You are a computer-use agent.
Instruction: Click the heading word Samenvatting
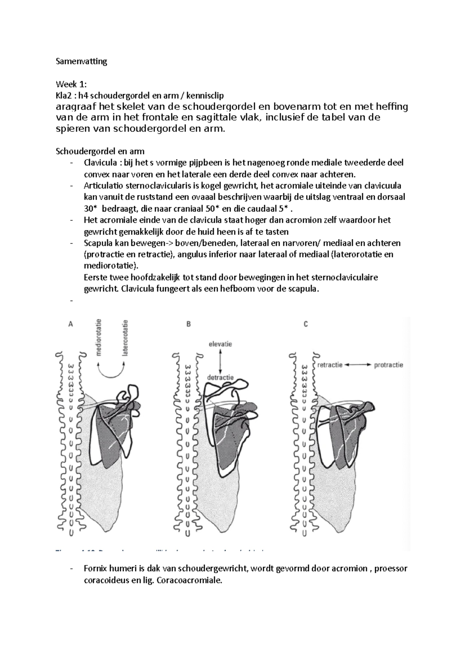point(81,61)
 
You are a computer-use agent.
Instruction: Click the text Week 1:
point(72,84)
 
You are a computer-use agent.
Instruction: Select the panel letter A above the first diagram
point(71,324)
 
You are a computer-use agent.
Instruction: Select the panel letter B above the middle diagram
point(188,324)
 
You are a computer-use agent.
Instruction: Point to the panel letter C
point(306,324)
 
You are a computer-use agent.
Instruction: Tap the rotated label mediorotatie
point(100,337)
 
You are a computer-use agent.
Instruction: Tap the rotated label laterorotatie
point(125,337)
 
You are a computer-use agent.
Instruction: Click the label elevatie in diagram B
point(220,344)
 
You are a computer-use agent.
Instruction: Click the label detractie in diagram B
point(220,377)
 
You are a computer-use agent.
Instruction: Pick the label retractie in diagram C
point(330,365)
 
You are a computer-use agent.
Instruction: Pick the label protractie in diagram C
point(388,365)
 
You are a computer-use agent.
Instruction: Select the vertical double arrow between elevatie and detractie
point(220,360)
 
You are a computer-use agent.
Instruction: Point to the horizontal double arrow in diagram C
point(358,365)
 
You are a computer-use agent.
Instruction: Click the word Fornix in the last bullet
point(95,568)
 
